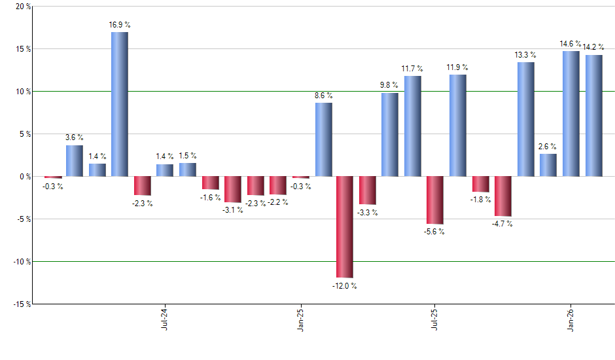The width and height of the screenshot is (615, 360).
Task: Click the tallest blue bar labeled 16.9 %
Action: [x=120, y=104]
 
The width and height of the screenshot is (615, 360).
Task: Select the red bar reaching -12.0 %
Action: [x=345, y=227]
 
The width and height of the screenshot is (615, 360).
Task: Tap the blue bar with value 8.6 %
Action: [x=324, y=139]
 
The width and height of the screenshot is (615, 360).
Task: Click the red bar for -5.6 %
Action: [x=435, y=200]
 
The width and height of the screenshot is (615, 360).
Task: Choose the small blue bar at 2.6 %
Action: [x=548, y=165]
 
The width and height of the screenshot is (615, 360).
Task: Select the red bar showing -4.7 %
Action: [x=503, y=196]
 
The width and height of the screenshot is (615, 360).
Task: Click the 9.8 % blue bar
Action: [x=390, y=134]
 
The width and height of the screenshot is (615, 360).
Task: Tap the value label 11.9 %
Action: [x=458, y=67]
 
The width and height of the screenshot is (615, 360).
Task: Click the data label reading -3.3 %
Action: [x=368, y=213]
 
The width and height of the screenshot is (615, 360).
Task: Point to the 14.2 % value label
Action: [x=593, y=46]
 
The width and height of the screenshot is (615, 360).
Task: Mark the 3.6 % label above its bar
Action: [x=75, y=137]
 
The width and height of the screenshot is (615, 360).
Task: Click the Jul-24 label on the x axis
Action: [x=164, y=319]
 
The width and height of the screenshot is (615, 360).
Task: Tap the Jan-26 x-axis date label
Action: [x=572, y=319]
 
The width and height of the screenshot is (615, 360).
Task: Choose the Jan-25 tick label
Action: [x=300, y=319]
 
